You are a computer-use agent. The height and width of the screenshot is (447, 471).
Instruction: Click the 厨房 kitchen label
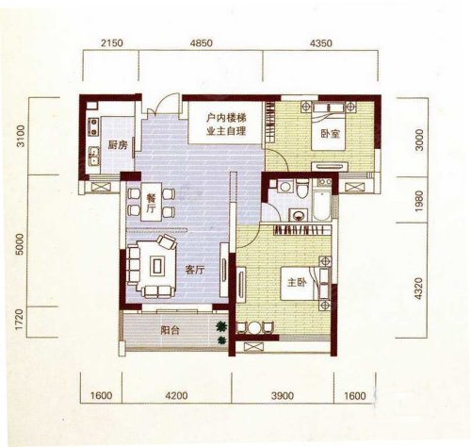118,145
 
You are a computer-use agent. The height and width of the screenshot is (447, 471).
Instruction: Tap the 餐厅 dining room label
152,203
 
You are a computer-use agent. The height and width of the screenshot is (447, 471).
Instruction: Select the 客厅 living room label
195,270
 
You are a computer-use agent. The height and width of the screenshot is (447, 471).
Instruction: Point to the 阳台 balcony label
170,330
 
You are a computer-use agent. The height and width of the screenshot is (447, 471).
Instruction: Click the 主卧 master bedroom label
297,283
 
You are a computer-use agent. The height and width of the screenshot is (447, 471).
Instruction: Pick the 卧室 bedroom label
330,134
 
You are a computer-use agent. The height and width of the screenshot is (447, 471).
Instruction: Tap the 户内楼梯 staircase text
226,118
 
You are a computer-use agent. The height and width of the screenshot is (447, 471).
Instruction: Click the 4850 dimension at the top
201,43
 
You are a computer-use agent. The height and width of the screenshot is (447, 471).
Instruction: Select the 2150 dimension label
112,43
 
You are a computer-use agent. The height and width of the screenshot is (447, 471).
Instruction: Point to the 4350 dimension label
320,43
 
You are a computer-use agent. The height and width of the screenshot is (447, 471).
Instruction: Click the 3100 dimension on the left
21,136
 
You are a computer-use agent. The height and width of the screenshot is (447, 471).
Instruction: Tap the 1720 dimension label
20,320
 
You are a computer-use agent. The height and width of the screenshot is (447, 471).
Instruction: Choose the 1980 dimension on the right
419,201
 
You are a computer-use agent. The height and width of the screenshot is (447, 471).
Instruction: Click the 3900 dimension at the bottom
283,395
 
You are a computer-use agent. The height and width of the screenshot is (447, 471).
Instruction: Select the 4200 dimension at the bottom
176,395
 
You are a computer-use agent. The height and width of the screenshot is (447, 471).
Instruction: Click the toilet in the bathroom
302,188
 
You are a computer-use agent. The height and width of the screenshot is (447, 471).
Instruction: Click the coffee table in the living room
157,266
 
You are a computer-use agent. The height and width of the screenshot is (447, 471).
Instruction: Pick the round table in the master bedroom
254,328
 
